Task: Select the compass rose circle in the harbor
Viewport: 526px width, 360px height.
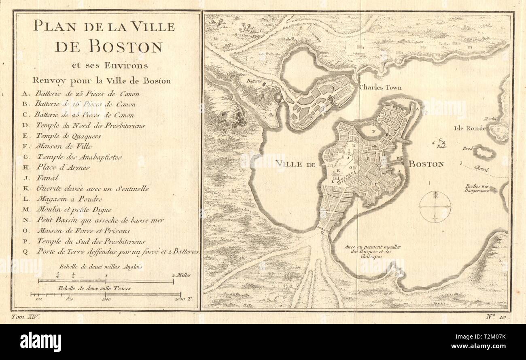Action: pyautogui.click(x=435, y=207)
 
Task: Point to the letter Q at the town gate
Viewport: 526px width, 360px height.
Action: pyautogui.click(x=322, y=233)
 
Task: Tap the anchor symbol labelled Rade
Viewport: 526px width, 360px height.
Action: pyautogui.click(x=440, y=143)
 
